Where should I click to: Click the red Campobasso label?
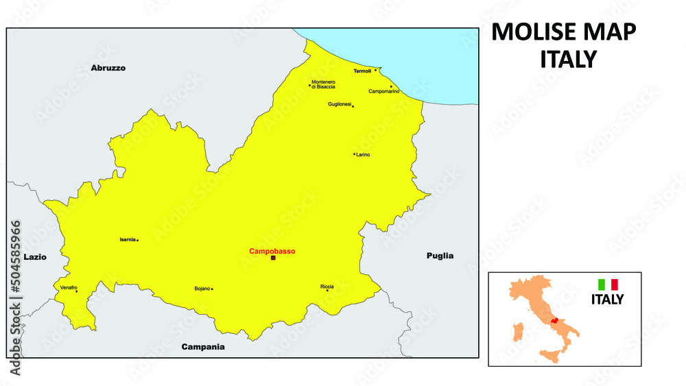coord(272,252)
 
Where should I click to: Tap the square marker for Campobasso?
coord(273,258)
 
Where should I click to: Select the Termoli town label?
coord(362,71)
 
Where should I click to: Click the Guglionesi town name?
coord(340,104)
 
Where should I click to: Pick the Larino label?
coord(363,155)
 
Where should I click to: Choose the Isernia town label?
coord(127,240)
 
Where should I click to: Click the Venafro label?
coord(69,287)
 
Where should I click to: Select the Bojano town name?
coord(202,289)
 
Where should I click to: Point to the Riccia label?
coord(327,286)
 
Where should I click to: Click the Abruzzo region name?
coord(108,69)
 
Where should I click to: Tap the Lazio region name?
coord(35,257)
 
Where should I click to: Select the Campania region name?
coord(203,347)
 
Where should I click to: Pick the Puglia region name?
coord(440,256)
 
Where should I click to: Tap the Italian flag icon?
coord(608,284)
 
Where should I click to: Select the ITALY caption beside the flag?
coord(608,300)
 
